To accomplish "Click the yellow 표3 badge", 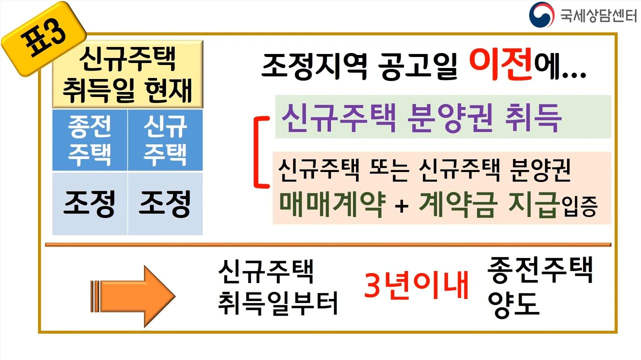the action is point(43,38).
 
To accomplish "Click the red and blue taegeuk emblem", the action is point(542,14).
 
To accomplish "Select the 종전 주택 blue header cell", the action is point(90,140).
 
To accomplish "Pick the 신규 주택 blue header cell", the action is point(165,140).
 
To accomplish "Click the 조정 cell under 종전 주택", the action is point(90,203).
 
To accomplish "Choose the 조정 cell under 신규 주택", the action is point(165,203).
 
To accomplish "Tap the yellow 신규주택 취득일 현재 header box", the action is point(127,74).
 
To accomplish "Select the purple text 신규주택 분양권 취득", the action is point(421,118).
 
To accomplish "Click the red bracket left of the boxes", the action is point(258,152).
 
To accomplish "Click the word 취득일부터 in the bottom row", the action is point(278,303).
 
